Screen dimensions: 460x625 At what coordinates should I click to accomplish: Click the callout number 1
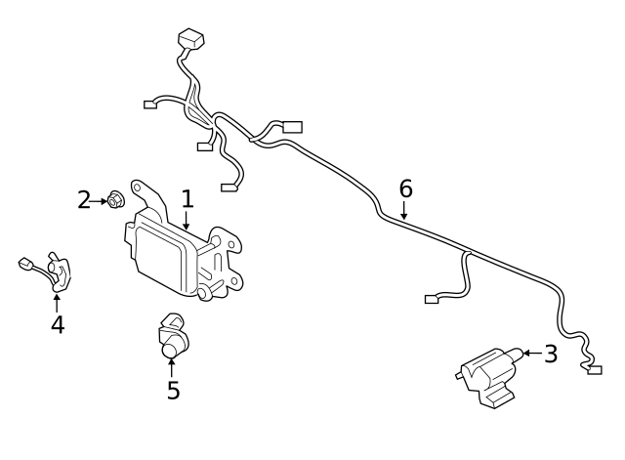pyautogui.click(x=187, y=199)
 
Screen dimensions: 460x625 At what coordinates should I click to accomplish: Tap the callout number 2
pyautogui.click(x=84, y=201)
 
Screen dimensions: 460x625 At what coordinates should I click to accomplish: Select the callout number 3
pyautogui.click(x=551, y=354)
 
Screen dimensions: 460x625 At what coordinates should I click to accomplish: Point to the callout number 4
pyautogui.click(x=57, y=324)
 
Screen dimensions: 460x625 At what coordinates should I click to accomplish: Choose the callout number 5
pyautogui.click(x=173, y=390)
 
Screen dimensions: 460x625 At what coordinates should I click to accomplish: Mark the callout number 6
pyautogui.click(x=406, y=188)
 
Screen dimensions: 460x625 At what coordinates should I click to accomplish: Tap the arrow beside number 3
pyautogui.click(x=529, y=353)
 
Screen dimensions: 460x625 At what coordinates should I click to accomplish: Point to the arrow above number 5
pyautogui.click(x=172, y=367)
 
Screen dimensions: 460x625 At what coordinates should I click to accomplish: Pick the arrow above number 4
pyautogui.click(x=56, y=302)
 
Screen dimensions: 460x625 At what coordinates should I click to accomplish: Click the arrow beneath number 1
pyautogui.click(x=186, y=222)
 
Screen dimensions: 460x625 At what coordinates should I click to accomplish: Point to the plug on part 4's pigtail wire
pyautogui.click(x=26, y=263)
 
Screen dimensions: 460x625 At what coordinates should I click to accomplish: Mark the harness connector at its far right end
pyautogui.click(x=595, y=369)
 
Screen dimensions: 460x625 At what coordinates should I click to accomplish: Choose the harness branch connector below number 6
pyautogui.click(x=432, y=299)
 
